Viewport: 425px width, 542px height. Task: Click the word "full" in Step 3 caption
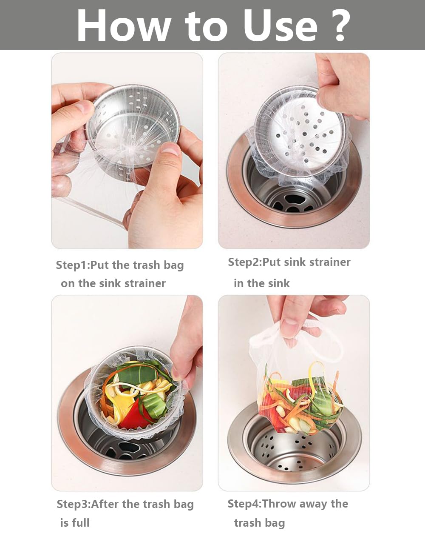(x=81, y=522)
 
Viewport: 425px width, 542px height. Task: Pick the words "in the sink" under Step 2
(x=261, y=283)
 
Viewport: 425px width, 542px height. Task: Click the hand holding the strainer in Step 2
(x=340, y=85)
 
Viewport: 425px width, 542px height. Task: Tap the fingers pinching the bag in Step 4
(x=297, y=319)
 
